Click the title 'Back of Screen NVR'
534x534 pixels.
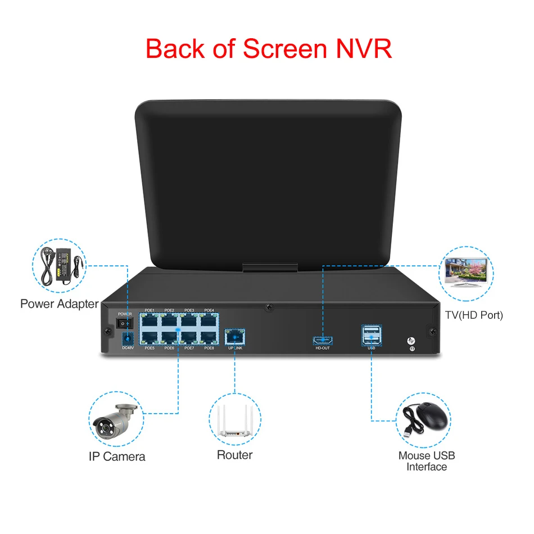pos(269,48)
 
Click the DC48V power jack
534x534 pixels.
pos(128,339)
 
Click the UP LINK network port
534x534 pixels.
pos(233,337)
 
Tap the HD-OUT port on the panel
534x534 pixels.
pos(322,340)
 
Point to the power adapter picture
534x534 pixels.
pos(61,266)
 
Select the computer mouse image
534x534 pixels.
pos(426,419)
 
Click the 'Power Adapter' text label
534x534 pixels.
pos(59,304)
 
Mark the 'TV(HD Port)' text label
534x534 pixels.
pos(474,315)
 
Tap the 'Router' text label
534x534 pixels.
pos(235,455)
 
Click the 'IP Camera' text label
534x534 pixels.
pos(117,456)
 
